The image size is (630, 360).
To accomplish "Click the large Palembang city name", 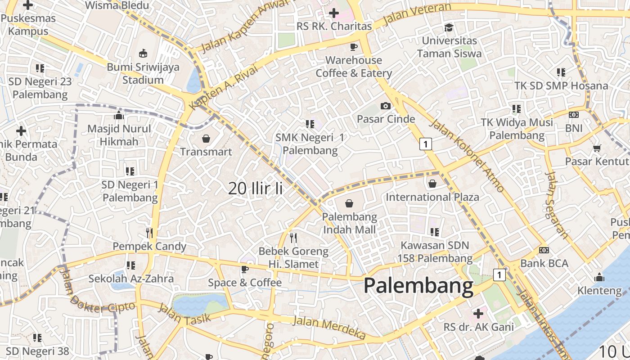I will [x=418, y=286].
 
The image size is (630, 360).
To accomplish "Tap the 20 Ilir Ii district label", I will [x=255, y=188].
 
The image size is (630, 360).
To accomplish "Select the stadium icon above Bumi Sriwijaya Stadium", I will [x=143, y=53].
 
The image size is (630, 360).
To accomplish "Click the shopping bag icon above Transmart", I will [x=206, y=138].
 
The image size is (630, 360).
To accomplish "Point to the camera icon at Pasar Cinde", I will [x=386, y=106].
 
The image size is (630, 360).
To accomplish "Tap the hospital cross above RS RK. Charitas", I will [x=334, y=13].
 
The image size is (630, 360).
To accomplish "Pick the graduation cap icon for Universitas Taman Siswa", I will [x=449, y=27].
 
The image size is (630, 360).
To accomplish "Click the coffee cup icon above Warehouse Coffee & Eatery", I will [x=354, y=47].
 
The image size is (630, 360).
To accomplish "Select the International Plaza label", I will [x=432, y=197].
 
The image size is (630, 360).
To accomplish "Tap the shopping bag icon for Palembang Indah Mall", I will [x=349, y=203].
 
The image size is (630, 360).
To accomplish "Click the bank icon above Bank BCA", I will [x=544, y=250].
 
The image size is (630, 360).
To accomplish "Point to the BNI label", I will [x=574, y=128].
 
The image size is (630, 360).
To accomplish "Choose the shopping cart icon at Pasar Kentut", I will [x=597, y=148].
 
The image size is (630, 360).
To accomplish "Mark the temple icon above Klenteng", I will [x=599, y=277].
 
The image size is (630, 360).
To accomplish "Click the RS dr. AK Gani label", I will [x=478, y=327].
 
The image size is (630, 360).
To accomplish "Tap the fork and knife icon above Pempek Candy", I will [x=150, y=233].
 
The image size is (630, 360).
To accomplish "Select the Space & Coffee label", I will [x=244, y=283].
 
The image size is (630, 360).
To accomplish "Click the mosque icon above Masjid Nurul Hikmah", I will [x=119, y=115].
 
